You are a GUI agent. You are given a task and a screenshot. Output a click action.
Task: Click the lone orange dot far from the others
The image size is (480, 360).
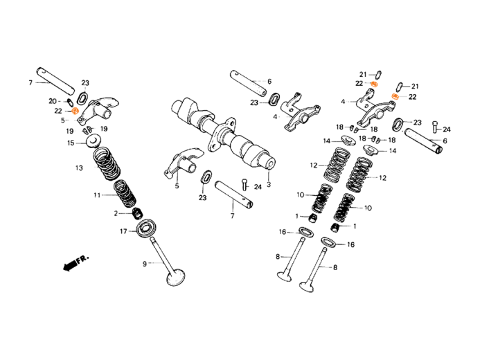click(x=75, y=111)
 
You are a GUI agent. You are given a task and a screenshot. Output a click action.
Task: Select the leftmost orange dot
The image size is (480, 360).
click(x=75, y=111)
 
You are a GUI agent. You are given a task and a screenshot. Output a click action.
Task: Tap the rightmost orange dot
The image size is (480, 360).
click(x=395, y=96)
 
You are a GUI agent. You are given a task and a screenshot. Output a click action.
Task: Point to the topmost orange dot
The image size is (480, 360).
click(x=374, y=84)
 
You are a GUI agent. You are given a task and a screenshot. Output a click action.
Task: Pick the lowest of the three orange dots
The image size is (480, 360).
click(x=75, y=111)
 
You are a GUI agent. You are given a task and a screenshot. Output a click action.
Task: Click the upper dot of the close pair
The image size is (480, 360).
click(x=374, y=84)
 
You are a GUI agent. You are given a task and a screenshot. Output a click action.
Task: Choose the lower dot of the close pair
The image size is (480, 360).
click(x=395, y=96)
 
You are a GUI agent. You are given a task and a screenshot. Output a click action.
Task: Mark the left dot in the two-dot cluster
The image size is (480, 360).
click(x=374, y=84)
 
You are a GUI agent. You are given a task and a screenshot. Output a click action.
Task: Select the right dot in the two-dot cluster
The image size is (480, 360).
click(x=395, y=96)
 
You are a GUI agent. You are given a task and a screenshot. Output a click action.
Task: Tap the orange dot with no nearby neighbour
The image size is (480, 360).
click(x=75, y=111)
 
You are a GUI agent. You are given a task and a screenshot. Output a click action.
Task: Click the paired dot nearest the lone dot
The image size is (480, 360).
click(x=374, y=84)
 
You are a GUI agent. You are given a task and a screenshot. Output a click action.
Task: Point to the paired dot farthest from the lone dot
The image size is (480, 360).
click(x=395, y=96)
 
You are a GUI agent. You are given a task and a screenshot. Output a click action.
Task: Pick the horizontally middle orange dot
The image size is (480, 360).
click(x=374, y=84)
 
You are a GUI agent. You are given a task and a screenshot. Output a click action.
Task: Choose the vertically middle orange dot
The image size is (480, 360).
click(x=395, y=96)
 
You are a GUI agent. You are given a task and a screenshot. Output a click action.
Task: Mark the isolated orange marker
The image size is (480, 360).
click(x=75, y=111)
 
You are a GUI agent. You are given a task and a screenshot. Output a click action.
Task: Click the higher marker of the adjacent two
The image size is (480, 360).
click(x=374, y=84)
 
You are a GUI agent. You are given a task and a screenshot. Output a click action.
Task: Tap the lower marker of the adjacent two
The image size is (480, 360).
click(x=395, y=96)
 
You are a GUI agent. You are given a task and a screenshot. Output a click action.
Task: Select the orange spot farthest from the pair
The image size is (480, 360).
click(x=75, y=111)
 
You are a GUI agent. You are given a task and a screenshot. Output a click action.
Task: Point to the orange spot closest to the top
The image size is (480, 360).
click(x=374, y=84)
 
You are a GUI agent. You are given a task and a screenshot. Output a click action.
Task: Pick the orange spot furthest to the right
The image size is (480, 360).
click(x=395, y=96)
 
